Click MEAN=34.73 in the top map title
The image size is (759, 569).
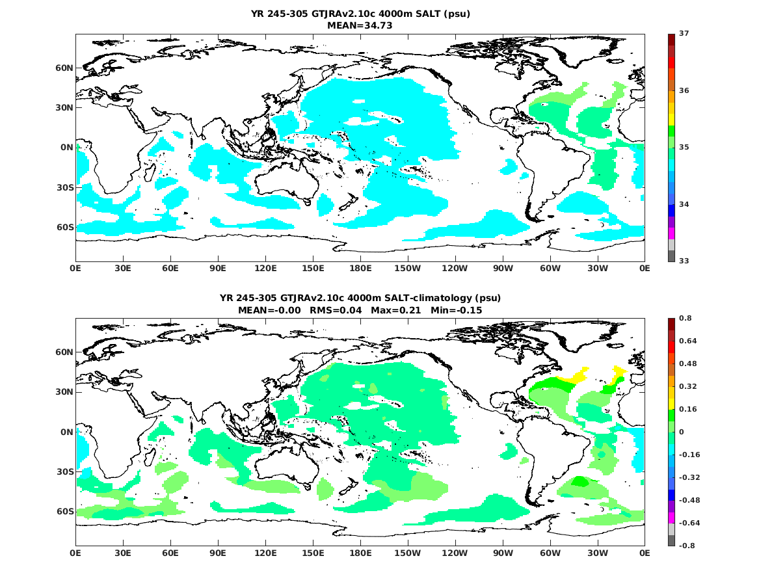[360, 25]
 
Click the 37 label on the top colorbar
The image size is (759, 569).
[684, 33]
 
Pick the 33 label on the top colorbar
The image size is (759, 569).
[684, 261]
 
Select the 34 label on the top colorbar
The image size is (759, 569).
[684, 204]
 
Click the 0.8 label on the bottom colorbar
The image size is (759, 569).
[686, 318]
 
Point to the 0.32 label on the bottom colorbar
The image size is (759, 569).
[688, 386]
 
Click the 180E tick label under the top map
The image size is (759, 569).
[360, 268]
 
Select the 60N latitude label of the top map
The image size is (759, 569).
[63, 68]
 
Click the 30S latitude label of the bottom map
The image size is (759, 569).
[63, 471]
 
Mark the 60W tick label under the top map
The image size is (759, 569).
[550, 268]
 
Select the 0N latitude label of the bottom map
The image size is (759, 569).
[66, 432]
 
